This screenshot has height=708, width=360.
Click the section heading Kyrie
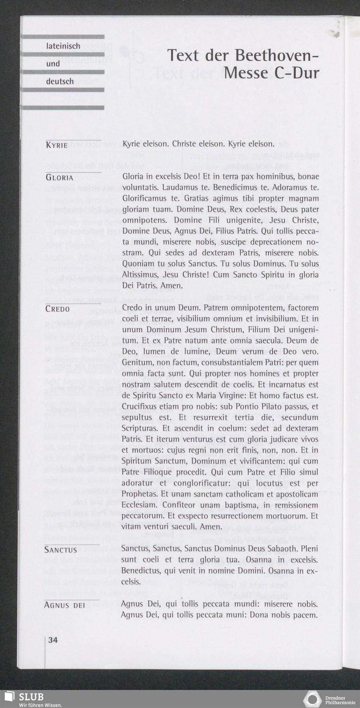pyautogui.click(x=57, y=145)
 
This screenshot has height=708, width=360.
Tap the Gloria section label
pyautogui.click(x=59, y=178)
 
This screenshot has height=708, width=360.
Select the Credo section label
pyautogui.click(x=58, y=309)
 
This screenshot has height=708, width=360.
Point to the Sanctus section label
pyautogui.click(x=60, y=550)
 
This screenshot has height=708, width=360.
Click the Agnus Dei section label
pyautogui.click(x=64, y=605)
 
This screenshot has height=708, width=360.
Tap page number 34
pyautogui.click(x=53, y=640)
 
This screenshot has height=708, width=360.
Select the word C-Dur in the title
pyautogui.click(x=297, y=73)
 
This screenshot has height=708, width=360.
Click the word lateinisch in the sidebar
pyautogui.click(x=63, y=46)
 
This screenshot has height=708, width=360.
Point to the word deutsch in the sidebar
pyautogui.click(x=60, y=81)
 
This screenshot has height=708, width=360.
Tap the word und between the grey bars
pyautogui.click(x=53, y=64)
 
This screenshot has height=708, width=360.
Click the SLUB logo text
pyautogui.click(x=31, y=697)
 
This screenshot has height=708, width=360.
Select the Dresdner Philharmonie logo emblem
pyautogui.click(x=312, y=699)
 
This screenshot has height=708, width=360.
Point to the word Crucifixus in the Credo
pyautogui.click(x=139, y=407)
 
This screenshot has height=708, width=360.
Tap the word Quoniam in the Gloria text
pyautogui.click(x=138, y=264)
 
